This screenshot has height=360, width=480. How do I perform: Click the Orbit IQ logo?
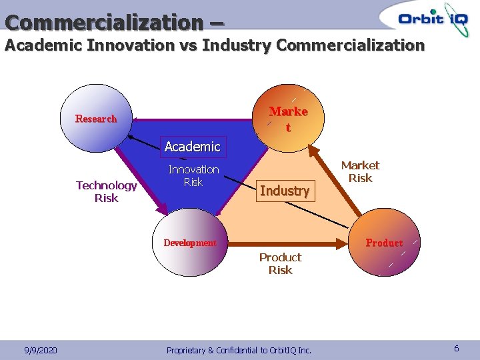coord(433,18)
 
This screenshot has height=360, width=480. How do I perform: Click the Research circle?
coord(96,119)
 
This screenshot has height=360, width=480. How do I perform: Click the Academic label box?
coord(192,146)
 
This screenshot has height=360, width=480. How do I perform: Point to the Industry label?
coord(285,191)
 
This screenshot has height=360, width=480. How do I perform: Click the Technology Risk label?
coord(106,191)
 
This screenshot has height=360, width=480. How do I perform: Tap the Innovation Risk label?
coord(193,176)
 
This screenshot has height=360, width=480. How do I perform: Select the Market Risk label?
coord(360,171)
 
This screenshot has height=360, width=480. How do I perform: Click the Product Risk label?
coord(280,263)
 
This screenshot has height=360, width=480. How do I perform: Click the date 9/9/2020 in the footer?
coord(40,350)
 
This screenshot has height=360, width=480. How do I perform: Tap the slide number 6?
coord(457,349)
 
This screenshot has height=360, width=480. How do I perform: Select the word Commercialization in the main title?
coord(104,22)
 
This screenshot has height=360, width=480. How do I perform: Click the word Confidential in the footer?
coord(236,350)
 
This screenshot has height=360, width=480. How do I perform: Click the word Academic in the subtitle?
coord(43,45)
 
